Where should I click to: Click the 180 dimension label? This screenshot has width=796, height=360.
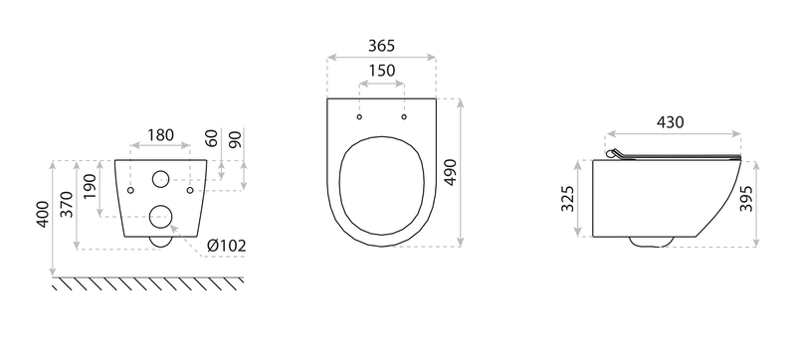point(160,135)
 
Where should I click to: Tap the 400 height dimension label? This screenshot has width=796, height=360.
point(43,214)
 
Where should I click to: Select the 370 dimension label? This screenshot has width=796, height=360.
point(67,204)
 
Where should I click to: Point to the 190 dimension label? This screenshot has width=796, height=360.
point(90,187)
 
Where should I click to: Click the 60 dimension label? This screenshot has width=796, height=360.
point(212,138)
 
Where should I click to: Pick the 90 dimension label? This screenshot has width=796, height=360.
point(236,138)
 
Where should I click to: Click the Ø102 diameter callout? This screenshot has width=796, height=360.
point(227,246)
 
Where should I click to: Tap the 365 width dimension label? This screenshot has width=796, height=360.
point(381,46)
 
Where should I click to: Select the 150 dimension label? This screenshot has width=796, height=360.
point(382,71)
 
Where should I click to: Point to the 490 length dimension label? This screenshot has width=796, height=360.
point(451,172)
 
